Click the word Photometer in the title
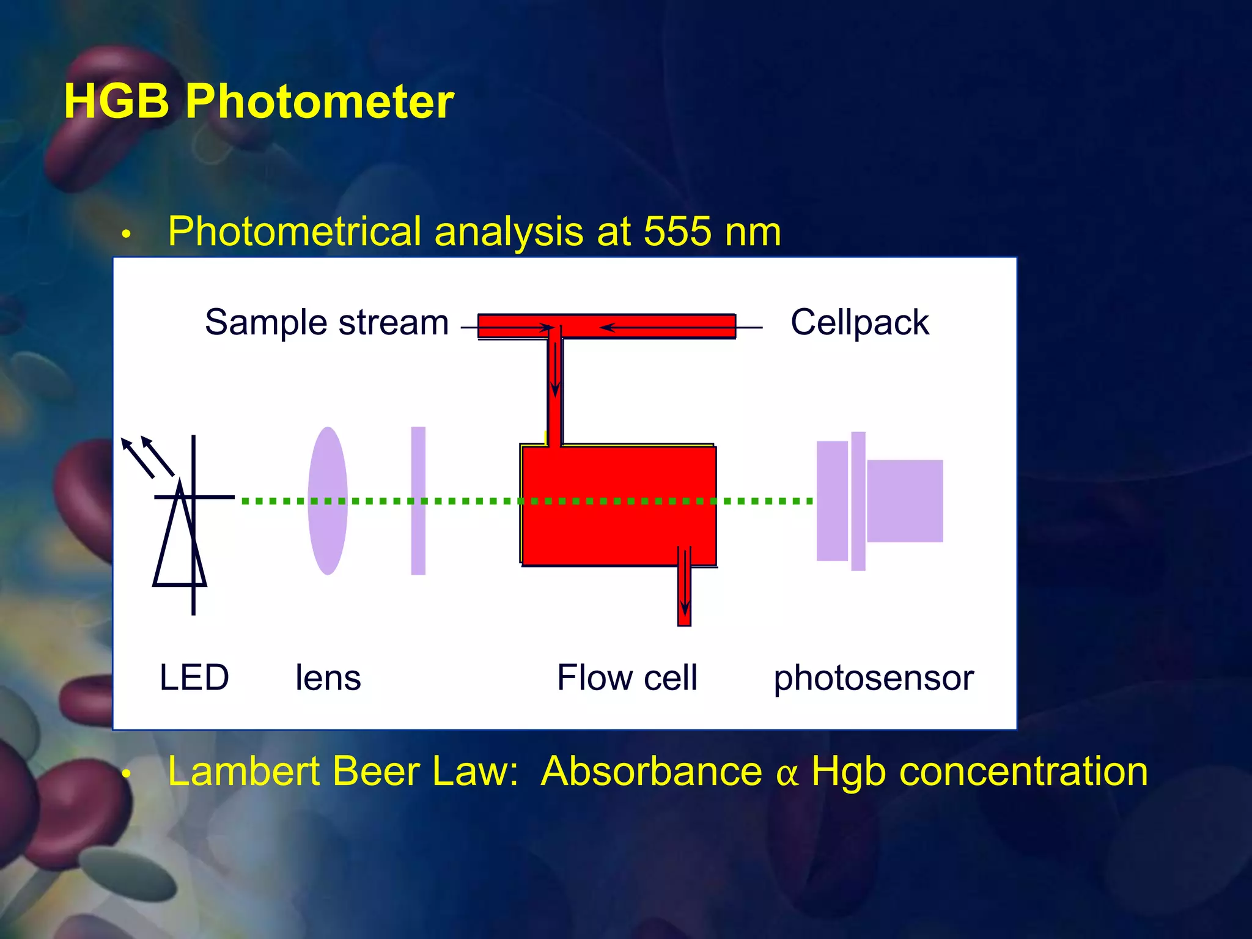(x=319, y=101)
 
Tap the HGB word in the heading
(x=116, y=101)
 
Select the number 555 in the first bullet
(x=677, y=232)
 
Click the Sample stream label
(x=326, y=322)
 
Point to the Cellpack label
(x=859, y=322)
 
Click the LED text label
(x=194, y=677)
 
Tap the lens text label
(x=328, y=677)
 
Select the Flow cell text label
(x=627, y=677)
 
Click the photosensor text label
(x=873, y=677)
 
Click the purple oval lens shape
(x=328, y=501)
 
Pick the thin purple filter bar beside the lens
(x=418, y=501)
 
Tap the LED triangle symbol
(x=179, y=541)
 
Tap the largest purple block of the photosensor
(x=905, y=501)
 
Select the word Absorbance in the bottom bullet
(x=651, y=771)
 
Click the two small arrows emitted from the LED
(x=147, y=455)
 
